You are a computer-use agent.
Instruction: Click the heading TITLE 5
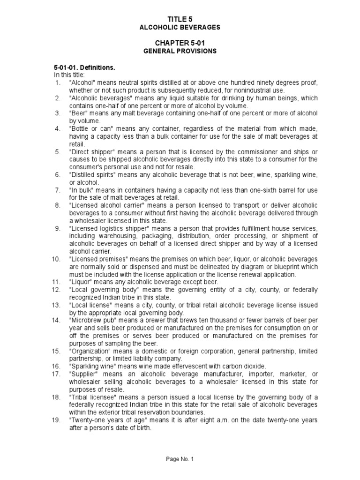(180, 19)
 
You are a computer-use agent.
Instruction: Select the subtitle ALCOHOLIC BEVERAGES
(180, 28)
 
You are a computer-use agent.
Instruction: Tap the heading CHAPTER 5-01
(180, 43)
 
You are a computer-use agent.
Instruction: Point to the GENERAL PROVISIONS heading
(180, 51)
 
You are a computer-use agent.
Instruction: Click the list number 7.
(58, 190)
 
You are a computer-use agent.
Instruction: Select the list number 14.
(56, 320)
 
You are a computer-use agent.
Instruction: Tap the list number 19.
(56, 420)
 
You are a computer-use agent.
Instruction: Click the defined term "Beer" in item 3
(78, 113)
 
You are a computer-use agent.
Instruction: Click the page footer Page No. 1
(180, 459)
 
